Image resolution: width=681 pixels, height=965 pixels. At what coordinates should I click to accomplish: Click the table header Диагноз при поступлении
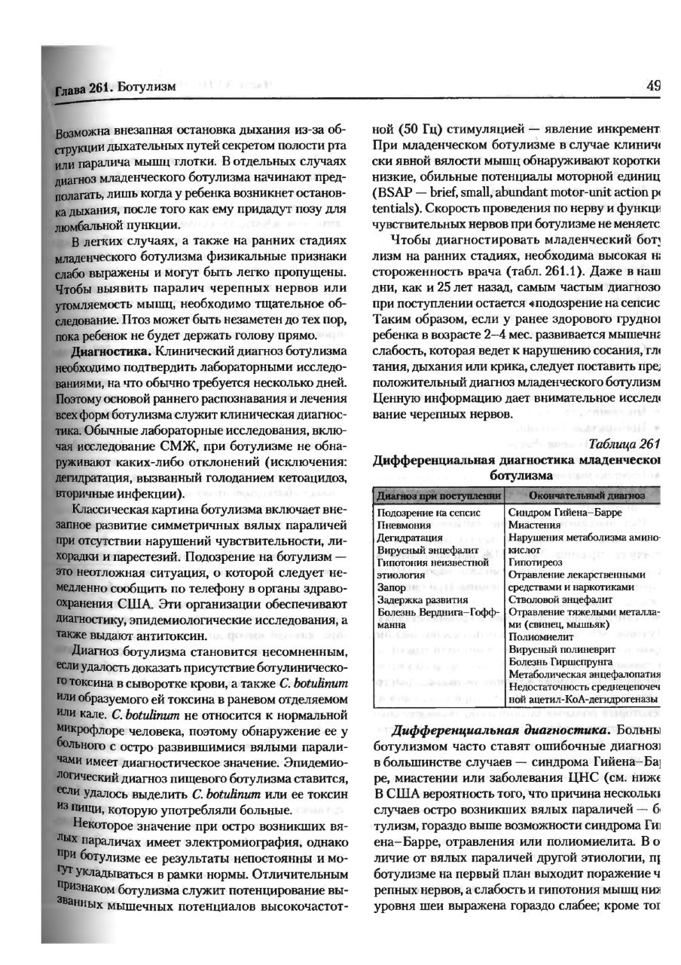pos(438,495)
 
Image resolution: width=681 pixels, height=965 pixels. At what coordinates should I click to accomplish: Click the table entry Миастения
pos(537,525)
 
